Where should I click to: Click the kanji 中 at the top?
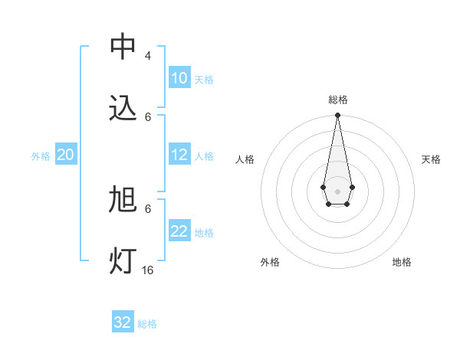pos(123,47)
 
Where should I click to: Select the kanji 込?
pos(123,108)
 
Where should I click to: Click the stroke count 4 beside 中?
pos(148,56)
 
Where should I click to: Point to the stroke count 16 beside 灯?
pos(148,270)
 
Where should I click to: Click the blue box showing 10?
pos(179,78)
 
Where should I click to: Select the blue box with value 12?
pos(179,155)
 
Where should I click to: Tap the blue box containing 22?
pos(179,231)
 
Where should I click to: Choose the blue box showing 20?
pos(66,155)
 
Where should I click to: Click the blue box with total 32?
pos(123,322)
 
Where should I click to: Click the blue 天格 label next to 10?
pos(204,80)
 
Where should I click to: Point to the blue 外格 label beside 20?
pos(41,156)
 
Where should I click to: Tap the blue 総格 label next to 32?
pos(147,324)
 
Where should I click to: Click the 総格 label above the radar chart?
pos(337,100)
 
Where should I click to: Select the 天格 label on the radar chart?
pos(431,159)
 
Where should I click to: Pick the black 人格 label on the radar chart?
pos(245,159)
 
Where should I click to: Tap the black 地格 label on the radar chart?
pos(402,262)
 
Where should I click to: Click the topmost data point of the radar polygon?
pos(337,116)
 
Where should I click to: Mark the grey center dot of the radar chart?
pos(337,191)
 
